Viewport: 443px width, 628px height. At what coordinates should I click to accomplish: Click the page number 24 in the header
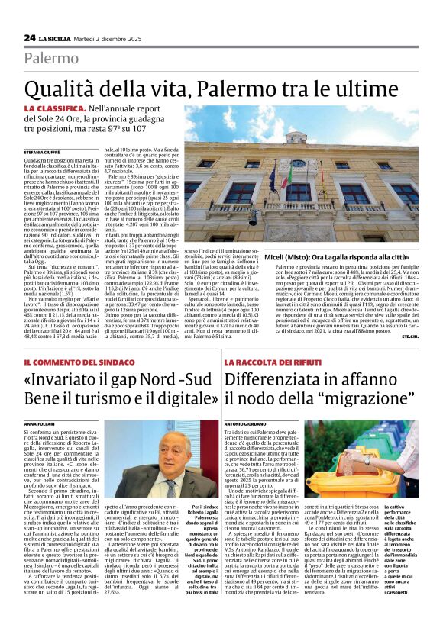point(30,37)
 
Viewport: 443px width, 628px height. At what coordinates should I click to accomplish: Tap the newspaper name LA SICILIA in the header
point(60,37)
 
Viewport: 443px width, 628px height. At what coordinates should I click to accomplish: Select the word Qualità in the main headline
point(64,89)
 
